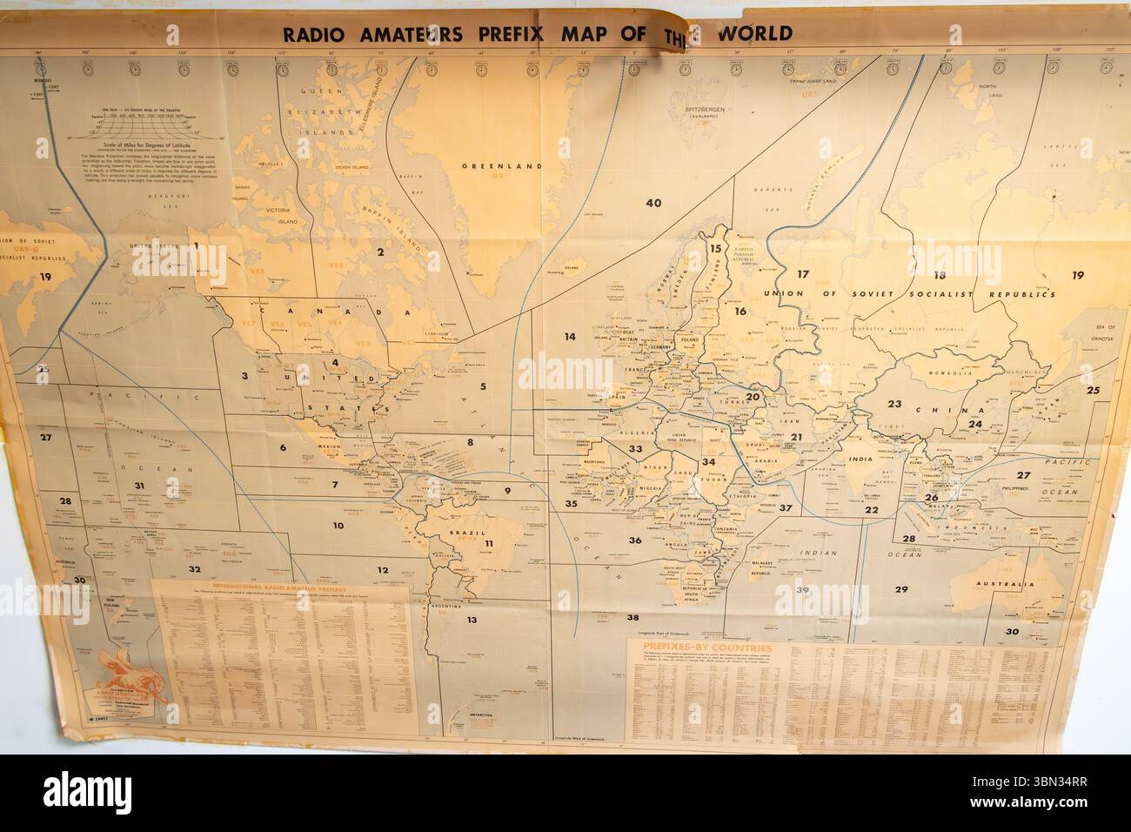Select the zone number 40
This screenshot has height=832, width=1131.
click(x=653, y=203)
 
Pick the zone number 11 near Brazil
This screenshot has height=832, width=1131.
click(x=489, y=545)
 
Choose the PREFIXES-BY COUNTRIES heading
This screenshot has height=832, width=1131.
click(x=703, y=648)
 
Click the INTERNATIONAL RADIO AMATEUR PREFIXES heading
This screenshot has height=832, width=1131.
click(x=280, y=589)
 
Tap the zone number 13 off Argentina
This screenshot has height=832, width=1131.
click(x=471, y=620)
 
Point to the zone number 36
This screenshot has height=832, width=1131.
click(x=635, y=540)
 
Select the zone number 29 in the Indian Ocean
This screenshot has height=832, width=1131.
click(x=900, y=589)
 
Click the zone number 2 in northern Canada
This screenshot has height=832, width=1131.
click(x=379, y=252)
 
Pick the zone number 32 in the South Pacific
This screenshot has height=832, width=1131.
click(x=195, y=568)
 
